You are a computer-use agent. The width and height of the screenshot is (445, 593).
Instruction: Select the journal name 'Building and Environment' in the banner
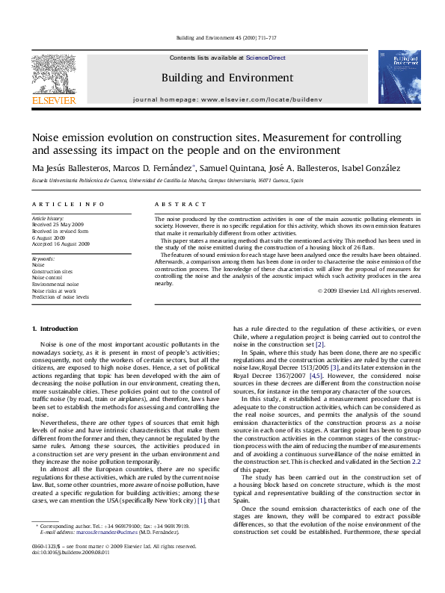coord(227,78)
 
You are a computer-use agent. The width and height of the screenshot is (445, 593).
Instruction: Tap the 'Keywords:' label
coord(44,258)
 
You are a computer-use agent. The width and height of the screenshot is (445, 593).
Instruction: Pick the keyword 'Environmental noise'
coord(55,284)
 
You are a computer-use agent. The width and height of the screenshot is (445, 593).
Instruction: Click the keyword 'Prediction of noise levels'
coord(61,296)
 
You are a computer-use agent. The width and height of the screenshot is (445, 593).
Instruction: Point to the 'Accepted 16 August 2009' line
coord(61,243)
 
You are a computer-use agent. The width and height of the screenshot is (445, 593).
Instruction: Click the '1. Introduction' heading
coord(57,329)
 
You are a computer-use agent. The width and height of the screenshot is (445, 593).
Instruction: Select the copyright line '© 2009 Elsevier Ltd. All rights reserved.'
coord(369,291)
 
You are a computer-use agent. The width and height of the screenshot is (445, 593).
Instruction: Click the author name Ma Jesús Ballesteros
coord(68,167)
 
